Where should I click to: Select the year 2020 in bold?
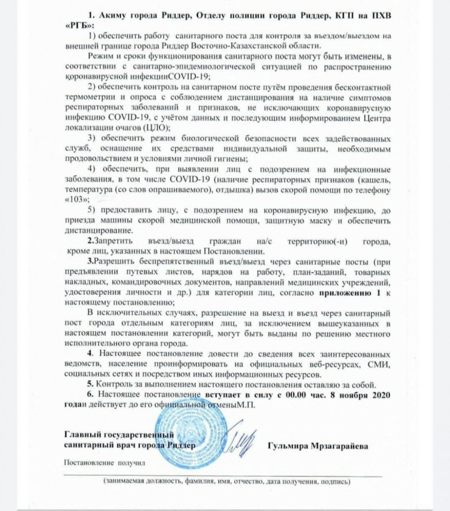372,396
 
